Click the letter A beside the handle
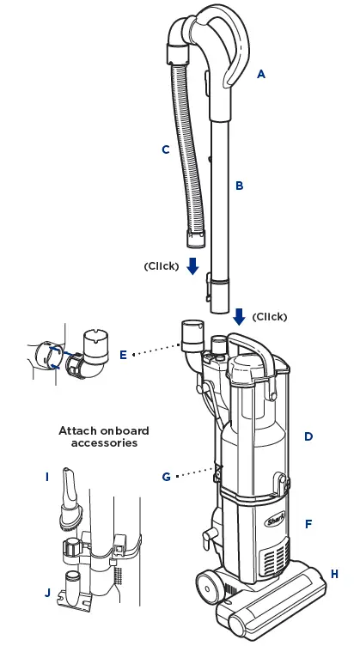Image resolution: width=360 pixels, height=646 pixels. click(261, 74)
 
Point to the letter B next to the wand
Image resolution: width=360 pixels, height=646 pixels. click(240, 186)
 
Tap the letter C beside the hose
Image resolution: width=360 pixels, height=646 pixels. click(165, 149)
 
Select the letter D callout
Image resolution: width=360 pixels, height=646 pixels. click(308, 436)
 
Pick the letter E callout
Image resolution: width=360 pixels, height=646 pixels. click(124, 354)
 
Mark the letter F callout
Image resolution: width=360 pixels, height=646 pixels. click(308, 523)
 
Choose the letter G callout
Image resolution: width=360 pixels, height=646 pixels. click(167, 476)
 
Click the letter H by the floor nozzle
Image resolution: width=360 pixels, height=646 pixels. click(334, 573)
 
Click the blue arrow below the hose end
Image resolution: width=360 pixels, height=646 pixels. click(193, 266)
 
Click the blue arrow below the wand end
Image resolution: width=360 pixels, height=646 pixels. click(239, 316)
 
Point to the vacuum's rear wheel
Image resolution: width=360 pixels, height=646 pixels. click(207, 588)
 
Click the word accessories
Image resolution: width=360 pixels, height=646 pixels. click(104, 443)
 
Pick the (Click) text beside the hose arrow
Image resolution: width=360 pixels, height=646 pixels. click(162, 266)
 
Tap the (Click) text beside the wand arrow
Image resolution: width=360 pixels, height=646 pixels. click(270, 316)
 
